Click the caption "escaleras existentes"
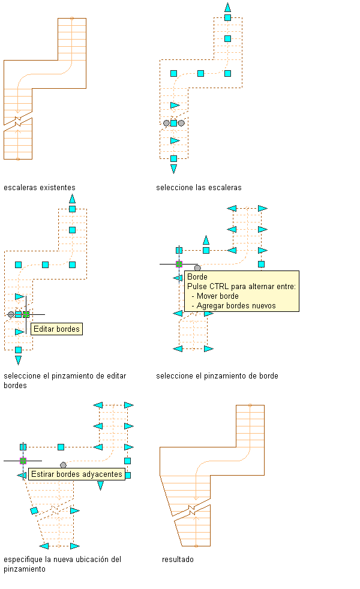40,188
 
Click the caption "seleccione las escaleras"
199,188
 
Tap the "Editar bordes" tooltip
56,329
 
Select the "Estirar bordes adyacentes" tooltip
77,474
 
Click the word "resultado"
178,560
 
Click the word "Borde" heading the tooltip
197,277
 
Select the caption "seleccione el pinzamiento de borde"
217,377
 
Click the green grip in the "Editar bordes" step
26,314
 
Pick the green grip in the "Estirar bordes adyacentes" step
23,461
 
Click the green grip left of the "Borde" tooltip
179,264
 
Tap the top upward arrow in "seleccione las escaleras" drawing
227,7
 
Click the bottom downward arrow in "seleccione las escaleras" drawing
173,169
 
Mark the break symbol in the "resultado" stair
191,509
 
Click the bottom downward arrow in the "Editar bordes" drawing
18,360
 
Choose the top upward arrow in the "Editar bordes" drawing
72,199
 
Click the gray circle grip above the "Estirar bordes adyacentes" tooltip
63,465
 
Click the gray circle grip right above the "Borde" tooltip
197,268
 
